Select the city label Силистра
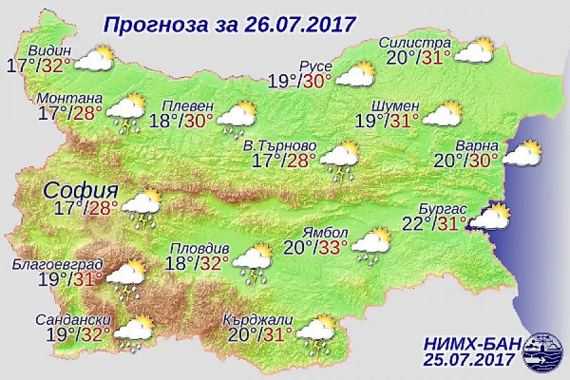(415, 43)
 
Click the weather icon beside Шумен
(441, 113)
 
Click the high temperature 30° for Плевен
(201, 120)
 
